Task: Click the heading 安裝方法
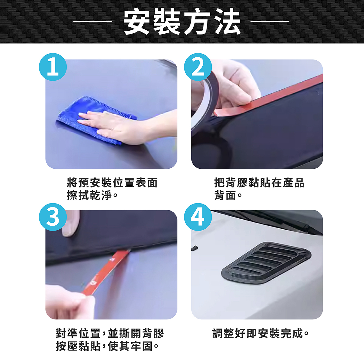(x=182, y=22)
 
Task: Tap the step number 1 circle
(x=53, y=67)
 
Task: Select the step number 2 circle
(x=198, y=67)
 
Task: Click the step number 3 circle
(x=53, y=217)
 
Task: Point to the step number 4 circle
(x=198, y=217)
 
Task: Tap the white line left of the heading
(x=93, y=21)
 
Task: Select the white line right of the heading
(x=270, y=21)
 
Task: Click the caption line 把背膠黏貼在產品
(x=259, y=183)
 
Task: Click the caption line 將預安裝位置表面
(x=112, y=183)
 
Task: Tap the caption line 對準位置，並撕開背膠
(x=110, y=333)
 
